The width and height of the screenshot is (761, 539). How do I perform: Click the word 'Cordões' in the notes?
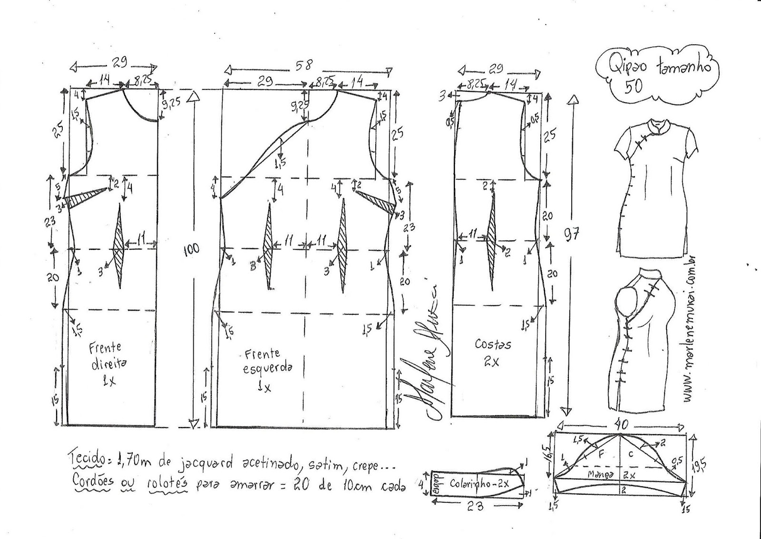[x=93, y=481]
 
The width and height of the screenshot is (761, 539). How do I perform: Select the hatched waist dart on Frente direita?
[x=119, y=247]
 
